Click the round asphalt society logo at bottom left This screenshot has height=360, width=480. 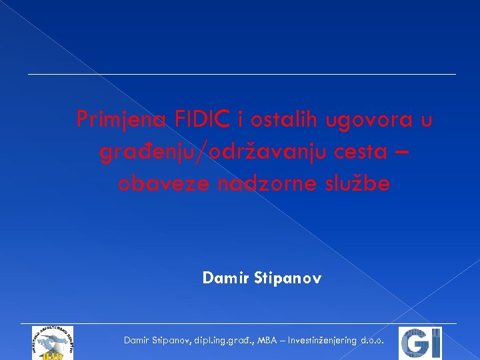[x=52, y=343]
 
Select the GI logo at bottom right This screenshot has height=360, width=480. [x=420, y=343]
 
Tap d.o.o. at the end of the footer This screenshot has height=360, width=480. [x=371, y=341]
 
